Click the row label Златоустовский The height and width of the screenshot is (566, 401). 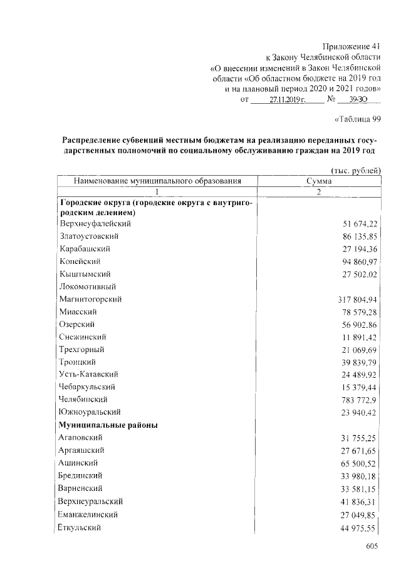click(x=89, y=236)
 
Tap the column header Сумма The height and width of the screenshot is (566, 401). click(x=319, y=181)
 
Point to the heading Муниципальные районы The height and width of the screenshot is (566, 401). click(x=108, y=425)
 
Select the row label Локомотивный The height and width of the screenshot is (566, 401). click(x=86, y=286)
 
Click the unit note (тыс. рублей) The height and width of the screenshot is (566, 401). click(x=355, y=171)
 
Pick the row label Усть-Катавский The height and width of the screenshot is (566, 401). click(x=89, y=374)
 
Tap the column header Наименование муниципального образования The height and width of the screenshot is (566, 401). click(x=157, y=181)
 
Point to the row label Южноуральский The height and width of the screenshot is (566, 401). click(x=90, y=412)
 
